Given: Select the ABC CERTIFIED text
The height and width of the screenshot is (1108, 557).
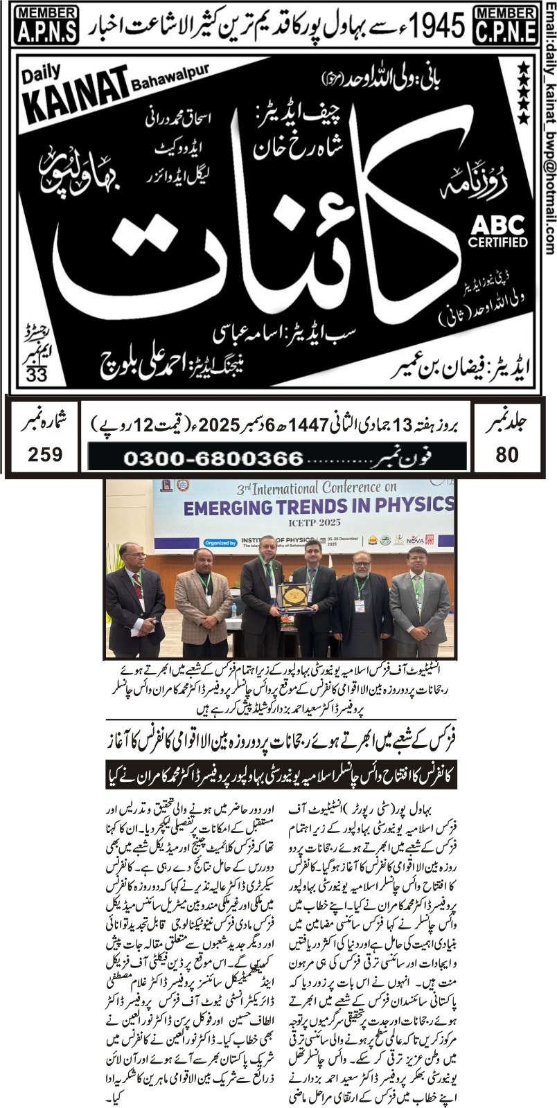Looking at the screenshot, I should click(x=497, y=231).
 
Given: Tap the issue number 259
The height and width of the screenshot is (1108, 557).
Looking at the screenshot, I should click(x=45, y=454).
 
